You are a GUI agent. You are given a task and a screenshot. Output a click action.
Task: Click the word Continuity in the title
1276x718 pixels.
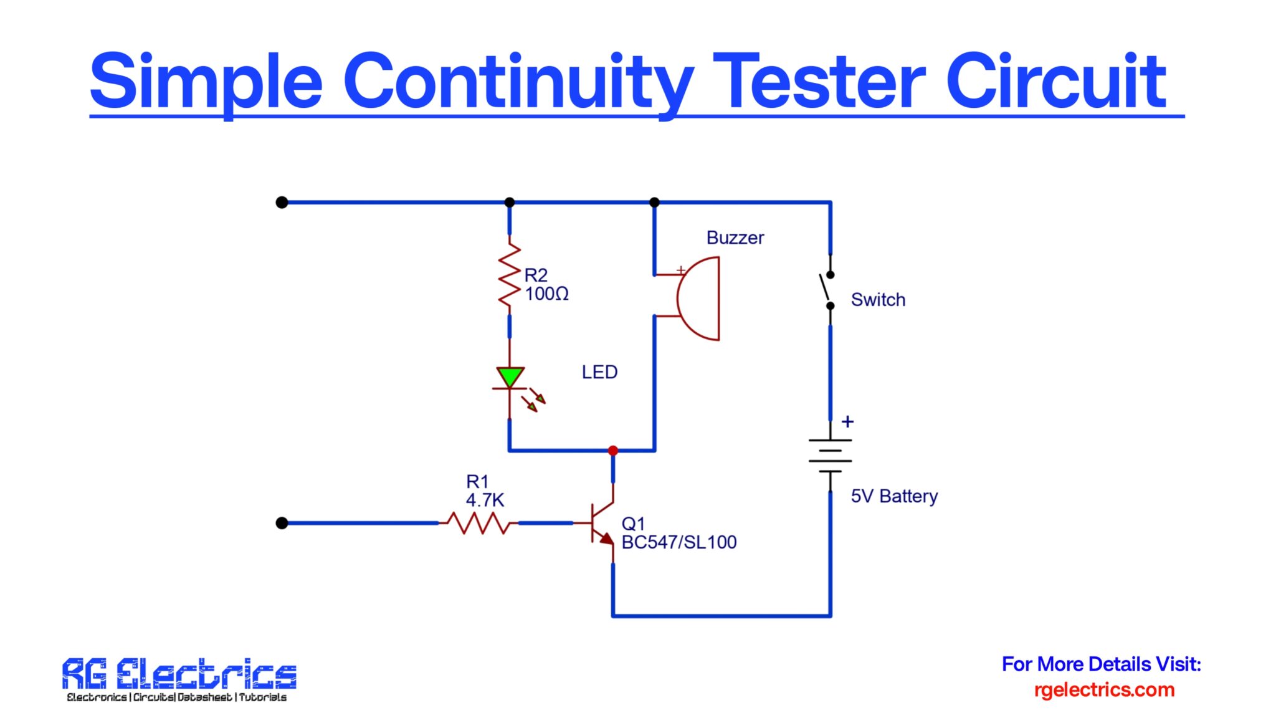517,81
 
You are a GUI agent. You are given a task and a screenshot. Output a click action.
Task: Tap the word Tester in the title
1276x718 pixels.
819,81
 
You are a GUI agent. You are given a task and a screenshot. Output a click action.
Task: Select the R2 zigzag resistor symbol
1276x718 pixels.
510,274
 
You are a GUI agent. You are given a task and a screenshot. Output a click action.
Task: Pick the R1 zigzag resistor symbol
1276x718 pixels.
478,523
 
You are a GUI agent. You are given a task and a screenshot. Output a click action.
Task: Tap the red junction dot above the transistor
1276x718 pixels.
613,450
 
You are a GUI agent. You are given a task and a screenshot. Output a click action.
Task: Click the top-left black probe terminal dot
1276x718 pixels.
282,203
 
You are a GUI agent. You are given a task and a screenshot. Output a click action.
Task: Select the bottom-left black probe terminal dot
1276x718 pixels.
282,523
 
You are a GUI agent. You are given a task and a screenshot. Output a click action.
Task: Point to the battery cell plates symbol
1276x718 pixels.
830,455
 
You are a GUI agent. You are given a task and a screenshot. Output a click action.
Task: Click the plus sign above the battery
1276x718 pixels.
847,422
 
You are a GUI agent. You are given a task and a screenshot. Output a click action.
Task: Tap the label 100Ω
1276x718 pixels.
546,294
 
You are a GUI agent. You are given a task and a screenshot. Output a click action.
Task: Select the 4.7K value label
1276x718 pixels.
485,500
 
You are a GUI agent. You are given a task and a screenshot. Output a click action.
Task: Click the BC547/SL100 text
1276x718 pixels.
679,542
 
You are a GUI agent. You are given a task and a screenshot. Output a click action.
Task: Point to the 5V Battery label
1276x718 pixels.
894,496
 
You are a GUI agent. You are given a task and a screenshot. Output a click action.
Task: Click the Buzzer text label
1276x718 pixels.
735,237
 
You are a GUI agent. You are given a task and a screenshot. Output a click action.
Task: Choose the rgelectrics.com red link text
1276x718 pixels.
1104,690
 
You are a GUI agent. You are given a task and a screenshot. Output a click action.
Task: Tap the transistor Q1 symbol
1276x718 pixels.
601,523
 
